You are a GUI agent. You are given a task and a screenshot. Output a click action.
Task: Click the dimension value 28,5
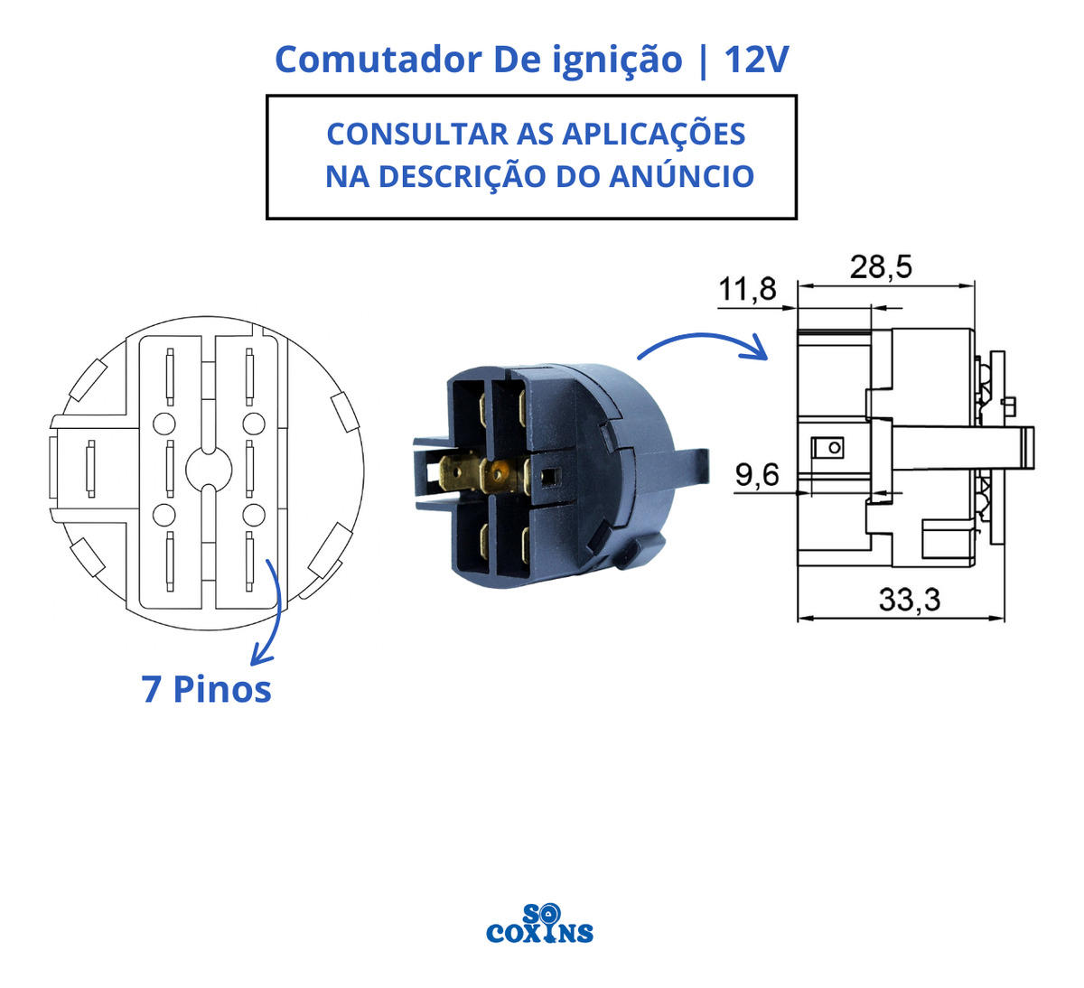point(881,267)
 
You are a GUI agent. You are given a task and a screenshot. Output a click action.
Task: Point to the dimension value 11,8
point(747,289)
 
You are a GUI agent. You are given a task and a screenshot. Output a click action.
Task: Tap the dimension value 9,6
point(757,475)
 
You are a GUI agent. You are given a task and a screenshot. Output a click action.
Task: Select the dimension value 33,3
point(910,600)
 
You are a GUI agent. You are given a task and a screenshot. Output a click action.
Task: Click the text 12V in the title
point(756,60)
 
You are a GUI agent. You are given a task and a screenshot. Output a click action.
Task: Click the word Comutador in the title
point(378,60)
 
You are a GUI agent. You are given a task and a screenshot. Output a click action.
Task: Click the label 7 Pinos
point(207,689)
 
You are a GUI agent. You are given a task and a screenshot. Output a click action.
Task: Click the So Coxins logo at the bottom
point(539,923)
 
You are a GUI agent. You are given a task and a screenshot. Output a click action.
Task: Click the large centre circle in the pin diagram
point(209,470)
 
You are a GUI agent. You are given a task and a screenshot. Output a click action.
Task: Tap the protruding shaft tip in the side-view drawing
point(1027,448)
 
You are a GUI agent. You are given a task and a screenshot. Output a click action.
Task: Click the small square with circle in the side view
point(827,448)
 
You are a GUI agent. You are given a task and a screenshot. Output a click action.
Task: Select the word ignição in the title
point(617,61)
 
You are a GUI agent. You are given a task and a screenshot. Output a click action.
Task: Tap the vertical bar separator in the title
point(703,61)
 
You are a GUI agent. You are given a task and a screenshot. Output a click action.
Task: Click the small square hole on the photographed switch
point(551,476)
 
